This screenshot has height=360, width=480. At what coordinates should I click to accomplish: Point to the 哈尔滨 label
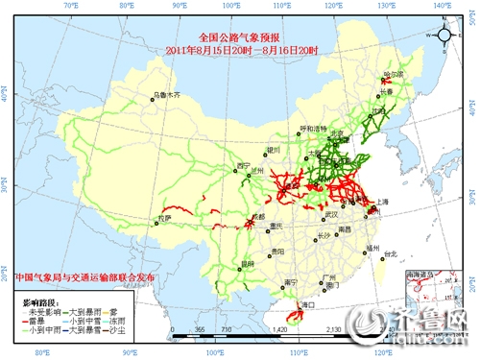pos(394,73)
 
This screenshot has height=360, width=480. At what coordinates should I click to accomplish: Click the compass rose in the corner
pos(446,36)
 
